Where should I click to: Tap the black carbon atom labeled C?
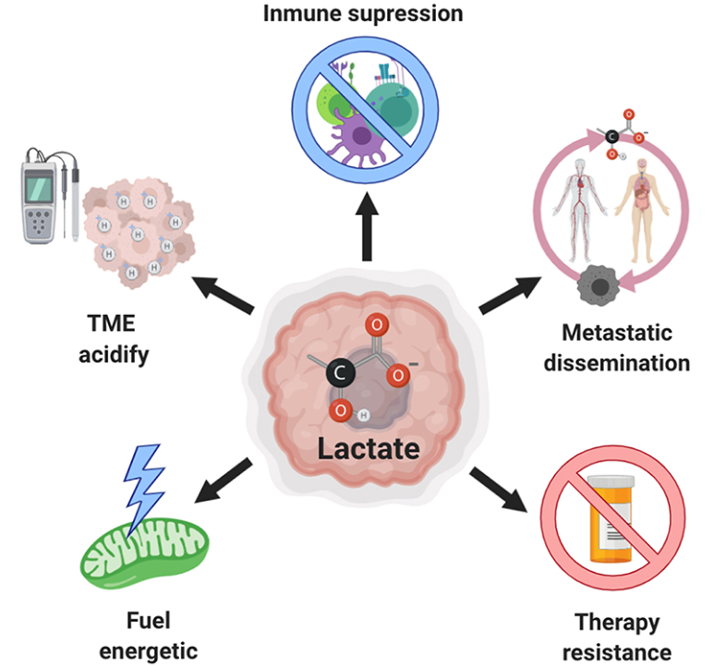(x=338, y=372)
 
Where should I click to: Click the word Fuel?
(x=148, y=618)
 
